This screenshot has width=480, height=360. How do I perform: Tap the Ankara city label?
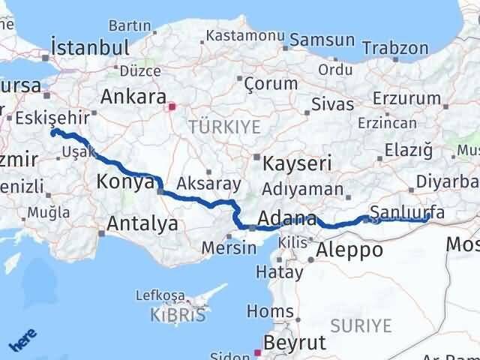pyautogui.click(x=133, y=97)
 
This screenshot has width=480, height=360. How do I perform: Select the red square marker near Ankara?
pyautogui.click(x=172, y=106)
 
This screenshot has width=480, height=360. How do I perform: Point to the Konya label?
pyautogui.click(x=125, y=181)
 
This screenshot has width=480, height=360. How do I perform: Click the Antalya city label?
pyautogui.click(x=142, y=223)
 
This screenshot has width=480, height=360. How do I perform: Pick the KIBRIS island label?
pyautogui.click(x=177, y=315)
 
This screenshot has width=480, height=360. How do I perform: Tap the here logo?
pyautogui.click(x=22, y=342)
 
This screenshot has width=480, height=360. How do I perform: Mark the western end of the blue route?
pyautogui.click(x=53, y=132)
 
